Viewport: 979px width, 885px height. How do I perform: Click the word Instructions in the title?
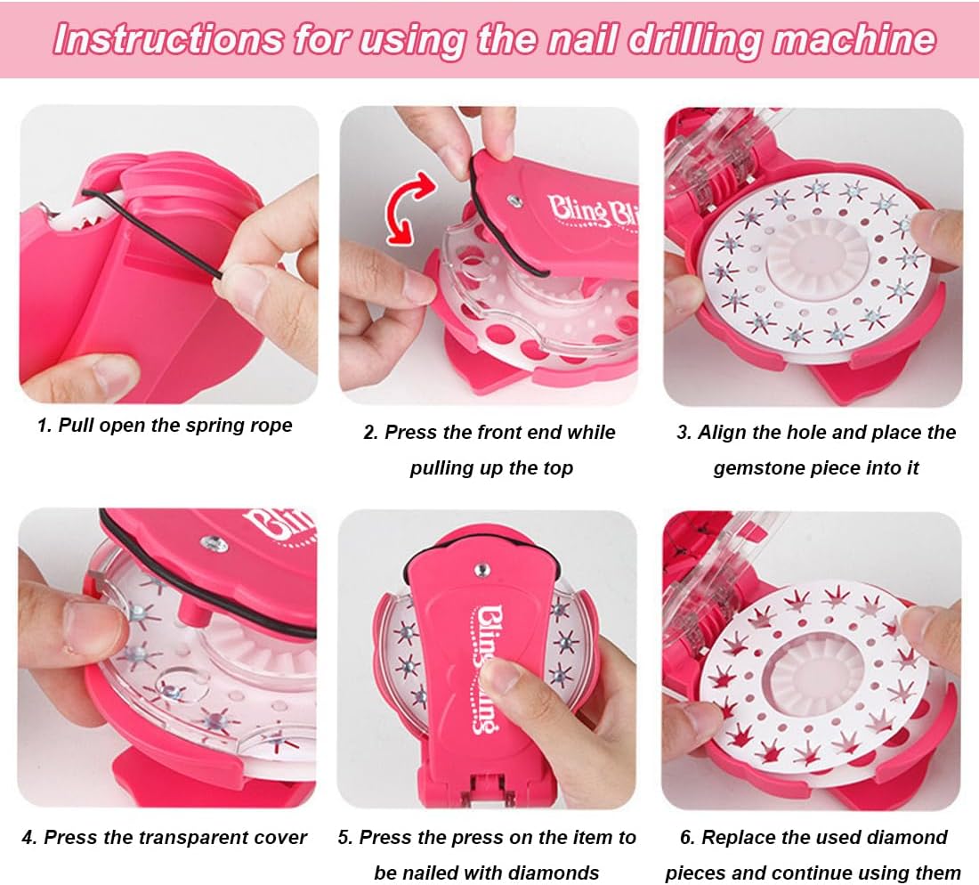click(168, 38)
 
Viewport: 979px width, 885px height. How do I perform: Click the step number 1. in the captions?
click(44, 426)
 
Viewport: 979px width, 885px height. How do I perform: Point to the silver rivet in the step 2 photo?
click(514, 200)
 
